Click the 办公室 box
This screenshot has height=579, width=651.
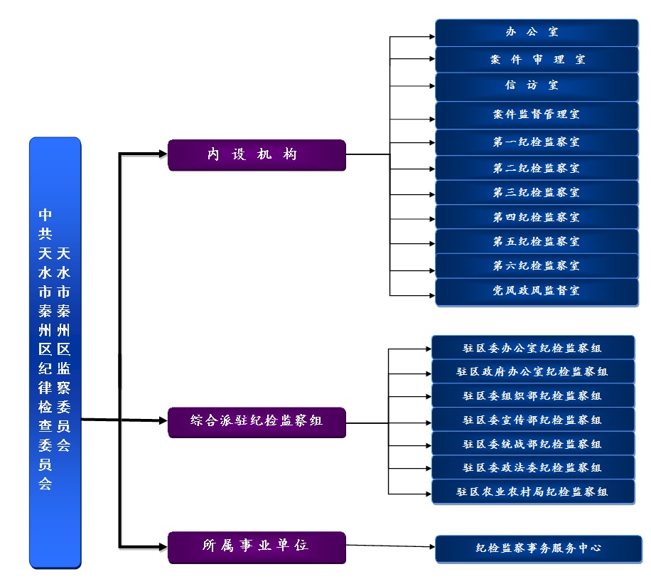537,33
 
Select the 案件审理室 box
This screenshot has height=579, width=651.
537,60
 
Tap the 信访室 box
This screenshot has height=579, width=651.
537,86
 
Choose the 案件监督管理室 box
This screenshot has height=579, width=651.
537,115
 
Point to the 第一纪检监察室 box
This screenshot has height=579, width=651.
537,142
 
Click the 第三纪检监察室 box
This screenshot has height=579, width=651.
537,193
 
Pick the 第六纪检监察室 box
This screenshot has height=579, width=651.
537,266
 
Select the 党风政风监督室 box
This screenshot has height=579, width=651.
537,292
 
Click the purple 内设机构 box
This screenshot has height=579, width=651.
257,155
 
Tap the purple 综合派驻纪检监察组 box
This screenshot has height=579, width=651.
257,422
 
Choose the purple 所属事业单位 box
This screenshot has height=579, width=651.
257,547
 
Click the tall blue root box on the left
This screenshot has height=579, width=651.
55,352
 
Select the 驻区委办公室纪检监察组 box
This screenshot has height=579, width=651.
532,348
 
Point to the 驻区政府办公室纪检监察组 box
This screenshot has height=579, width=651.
532,372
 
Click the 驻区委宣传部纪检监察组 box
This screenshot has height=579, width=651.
532,420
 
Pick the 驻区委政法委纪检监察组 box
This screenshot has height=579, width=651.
532,468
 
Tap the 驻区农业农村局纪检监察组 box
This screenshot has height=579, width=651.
532,492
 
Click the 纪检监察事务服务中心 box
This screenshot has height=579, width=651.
538,548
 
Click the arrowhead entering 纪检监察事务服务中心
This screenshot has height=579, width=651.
431,547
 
